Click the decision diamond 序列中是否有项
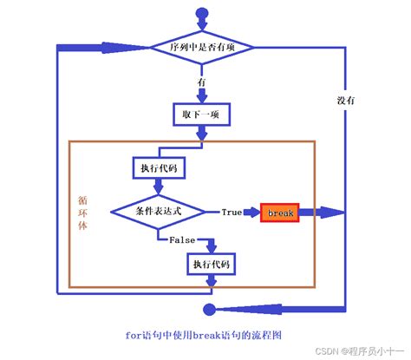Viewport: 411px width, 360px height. click(x=201, y=47)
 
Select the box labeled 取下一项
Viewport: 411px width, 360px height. click(x=201, y=114)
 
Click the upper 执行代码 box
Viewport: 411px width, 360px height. click(x=156, y=167)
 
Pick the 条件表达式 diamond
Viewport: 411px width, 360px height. click(x=156, y=212)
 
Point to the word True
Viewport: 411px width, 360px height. click(x=232, y=212)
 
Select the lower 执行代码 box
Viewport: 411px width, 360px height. click(x=212, y=263)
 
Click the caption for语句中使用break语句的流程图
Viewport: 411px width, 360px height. click(x=205, y=332)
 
